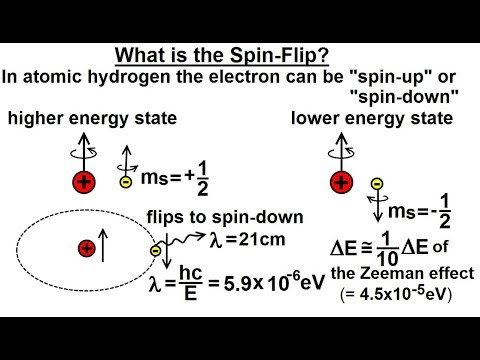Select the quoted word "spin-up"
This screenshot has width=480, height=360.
pyautogui.click(x=359, y=74)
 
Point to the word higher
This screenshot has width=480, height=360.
pyautogui.click(x=39, y=120)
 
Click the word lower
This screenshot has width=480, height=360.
pyautogui.click(x=315, y=120)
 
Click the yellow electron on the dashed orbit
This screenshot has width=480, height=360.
pyautogui.click(x=156, y=250)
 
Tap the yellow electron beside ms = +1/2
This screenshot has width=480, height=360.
pyautogui.click(x=124, y=182)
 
